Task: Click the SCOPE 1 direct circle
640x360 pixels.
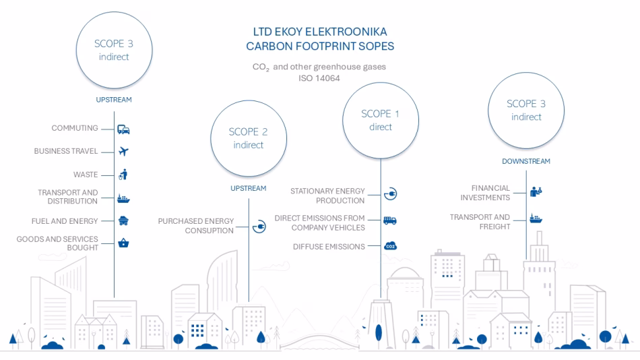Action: (x=381, y=121)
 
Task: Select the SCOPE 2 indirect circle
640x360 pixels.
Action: (x=249, y=138)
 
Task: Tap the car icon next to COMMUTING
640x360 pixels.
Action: (x=123, y=129)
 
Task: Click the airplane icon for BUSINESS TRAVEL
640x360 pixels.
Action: (x=123, y=152)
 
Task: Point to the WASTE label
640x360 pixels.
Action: (x=86, y=175)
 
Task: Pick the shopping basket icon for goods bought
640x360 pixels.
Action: (x=123, y=243)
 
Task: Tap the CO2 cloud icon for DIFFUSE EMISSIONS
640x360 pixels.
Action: (x=390, y=247)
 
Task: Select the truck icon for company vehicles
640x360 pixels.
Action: (x=390, y=219)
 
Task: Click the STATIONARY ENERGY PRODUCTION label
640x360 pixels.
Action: (x=327, y=196)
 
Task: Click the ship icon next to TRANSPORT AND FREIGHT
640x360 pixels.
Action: (x=536, y=218)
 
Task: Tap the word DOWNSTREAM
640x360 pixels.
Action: (x=526, y=161)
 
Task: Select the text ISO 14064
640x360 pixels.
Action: (x=319, y=78)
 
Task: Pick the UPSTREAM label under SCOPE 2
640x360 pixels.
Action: (x=249, y=188)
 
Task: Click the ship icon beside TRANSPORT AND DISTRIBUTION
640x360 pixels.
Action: (x=123, y=198)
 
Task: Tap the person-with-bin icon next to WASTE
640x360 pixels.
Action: (x=123, y=175)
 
